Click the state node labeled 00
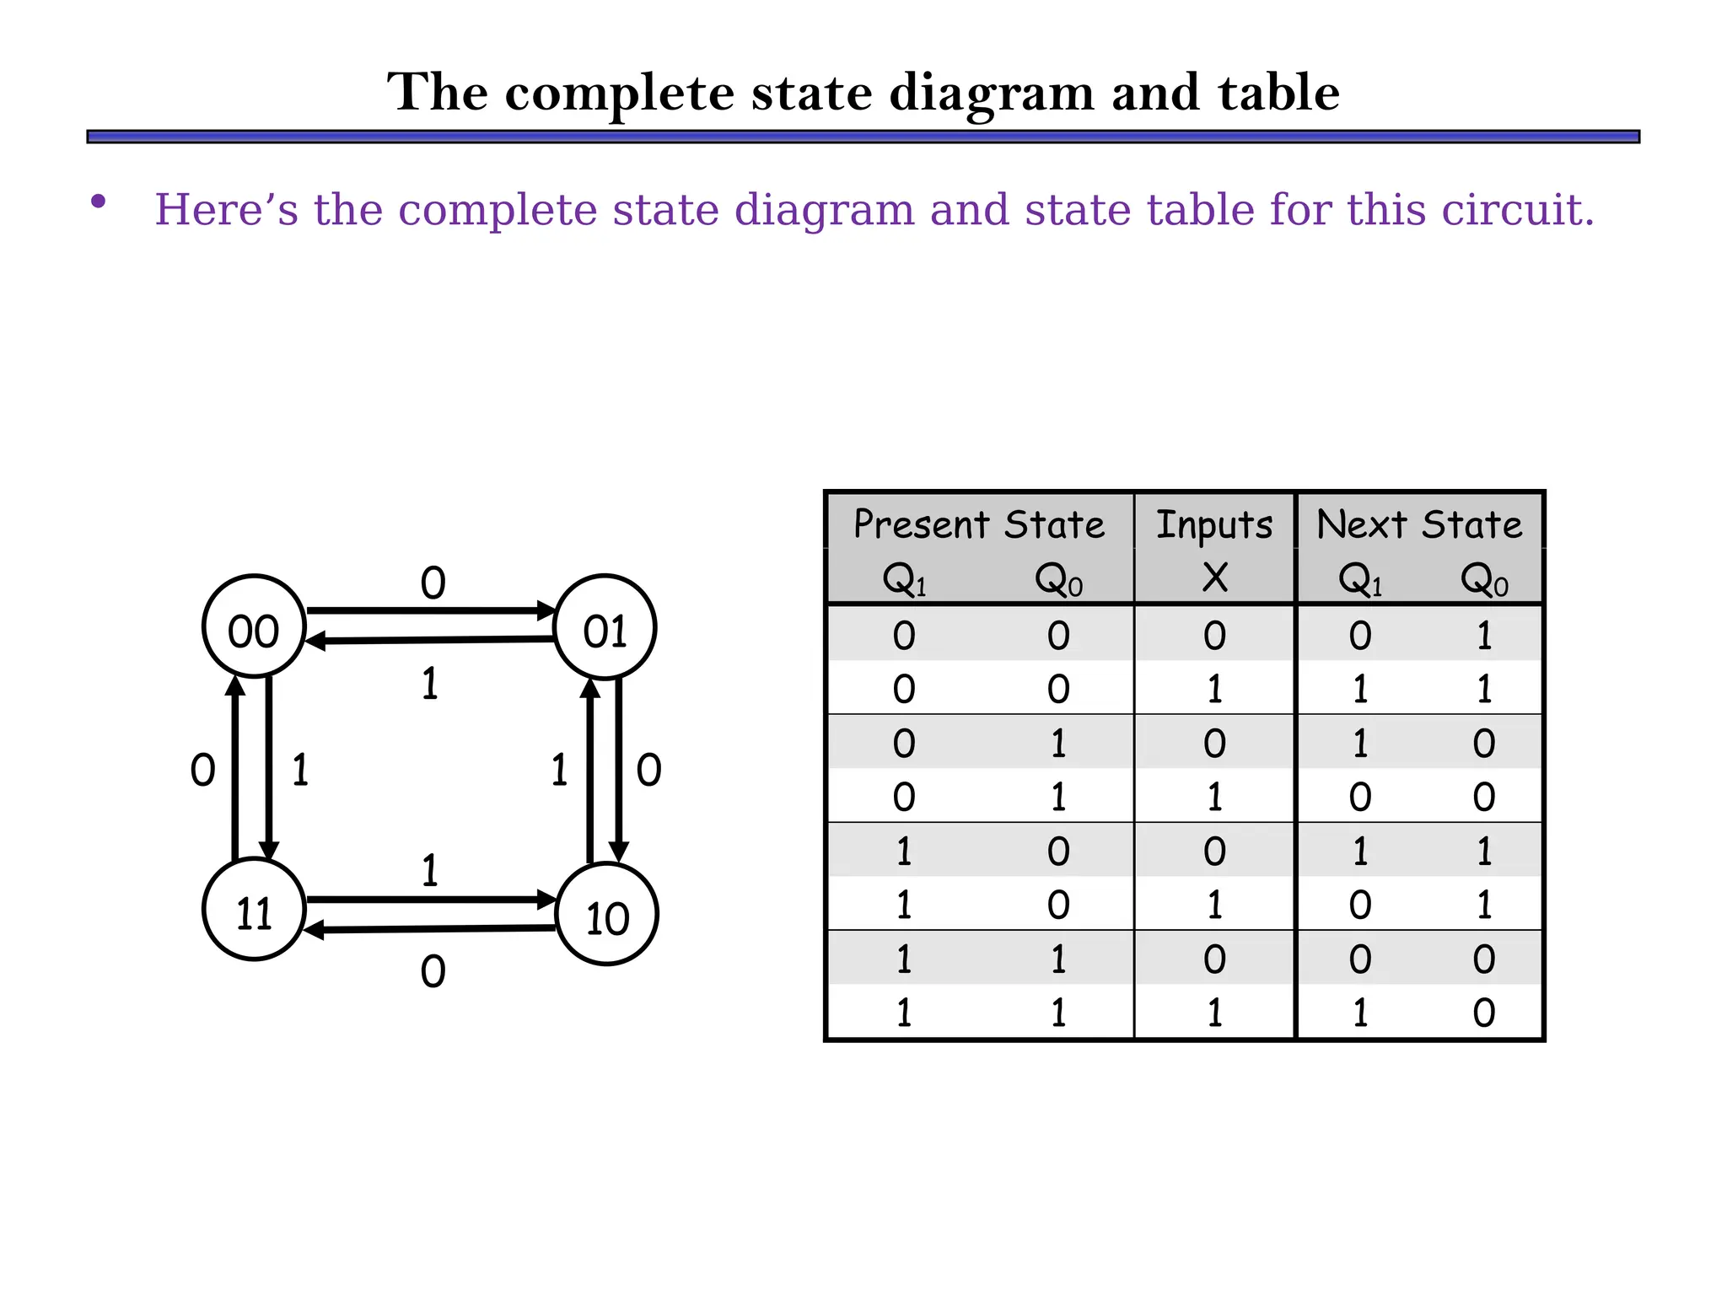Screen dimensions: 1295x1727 point(254,626)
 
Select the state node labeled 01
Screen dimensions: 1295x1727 point(605,626)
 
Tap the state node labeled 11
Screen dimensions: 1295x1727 point(254,910)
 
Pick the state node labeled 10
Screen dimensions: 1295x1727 point(607,914)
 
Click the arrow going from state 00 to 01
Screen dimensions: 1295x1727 point(430,610)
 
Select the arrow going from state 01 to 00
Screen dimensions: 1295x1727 point(430,641)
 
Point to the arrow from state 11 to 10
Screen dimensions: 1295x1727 point(430,900)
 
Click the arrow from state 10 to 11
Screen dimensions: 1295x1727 point(430,929)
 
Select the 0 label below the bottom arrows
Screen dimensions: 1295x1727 point(433,972)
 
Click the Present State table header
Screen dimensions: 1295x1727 point(978,524)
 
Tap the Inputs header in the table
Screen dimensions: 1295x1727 point(1213,524)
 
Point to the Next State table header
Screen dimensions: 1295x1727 point(1419,524)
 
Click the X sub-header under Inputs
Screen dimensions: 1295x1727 point(1214,578)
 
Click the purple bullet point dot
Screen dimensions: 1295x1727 point(99,202)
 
